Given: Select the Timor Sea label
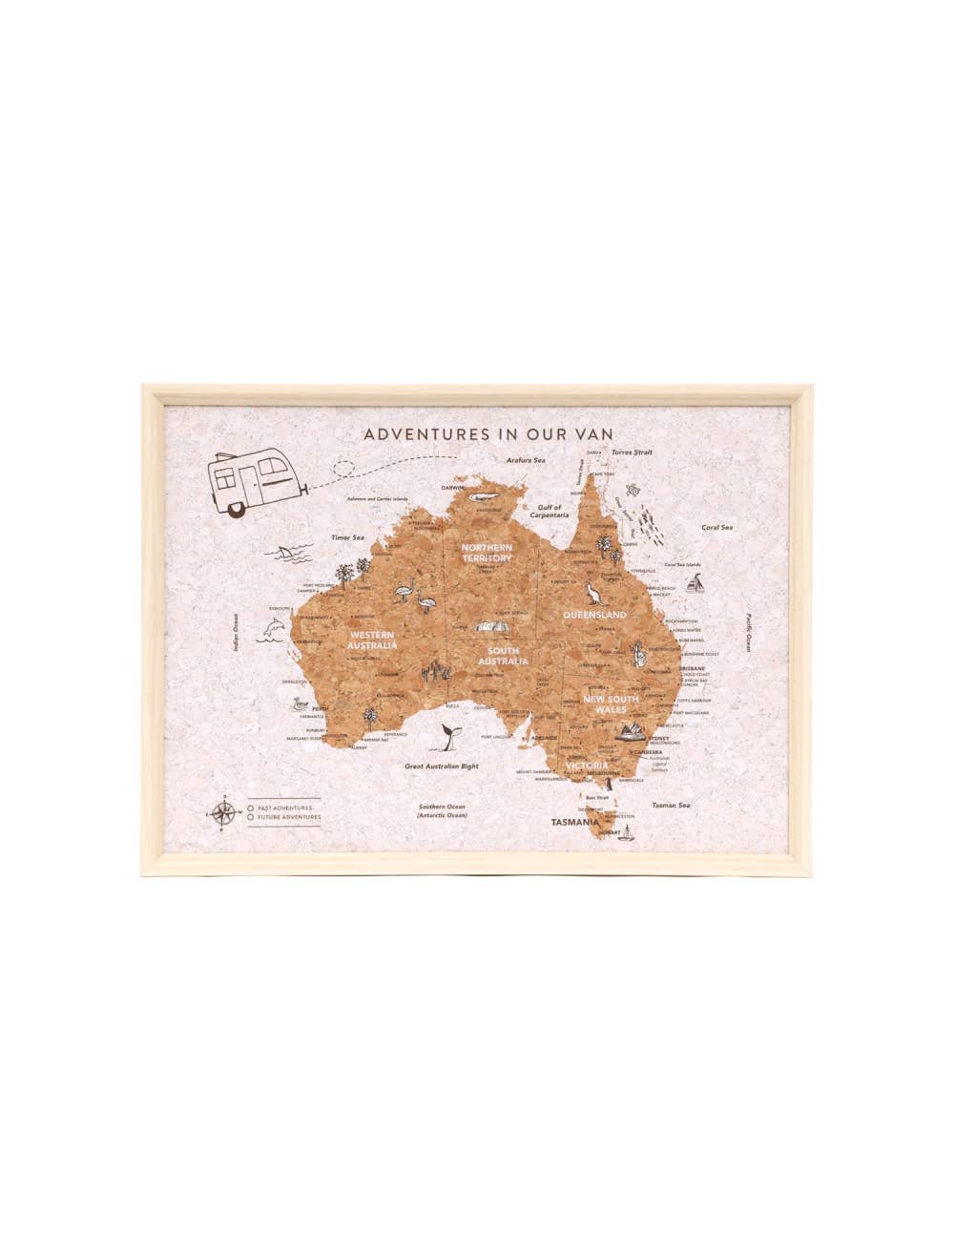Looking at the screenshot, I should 348,538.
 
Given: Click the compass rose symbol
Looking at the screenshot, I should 225,812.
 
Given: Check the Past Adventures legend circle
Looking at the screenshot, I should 250,807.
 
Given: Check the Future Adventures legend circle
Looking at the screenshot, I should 250,817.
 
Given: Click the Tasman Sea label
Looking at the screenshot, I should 671,805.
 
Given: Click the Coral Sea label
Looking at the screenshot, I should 716,526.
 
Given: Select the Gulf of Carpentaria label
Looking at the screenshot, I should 550,511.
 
